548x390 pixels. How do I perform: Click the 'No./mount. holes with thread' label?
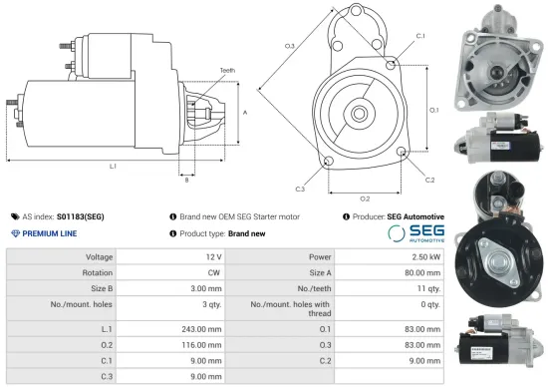[x=287, y=308]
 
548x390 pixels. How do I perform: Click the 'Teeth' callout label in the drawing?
[x=228, y=70]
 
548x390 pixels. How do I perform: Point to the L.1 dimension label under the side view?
[x=113, y=165]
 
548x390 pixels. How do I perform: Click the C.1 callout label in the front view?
[x=420, y=36]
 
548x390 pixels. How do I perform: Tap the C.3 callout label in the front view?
[x=300, y=189]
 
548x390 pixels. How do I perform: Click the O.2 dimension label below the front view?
[x=365, y=198]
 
